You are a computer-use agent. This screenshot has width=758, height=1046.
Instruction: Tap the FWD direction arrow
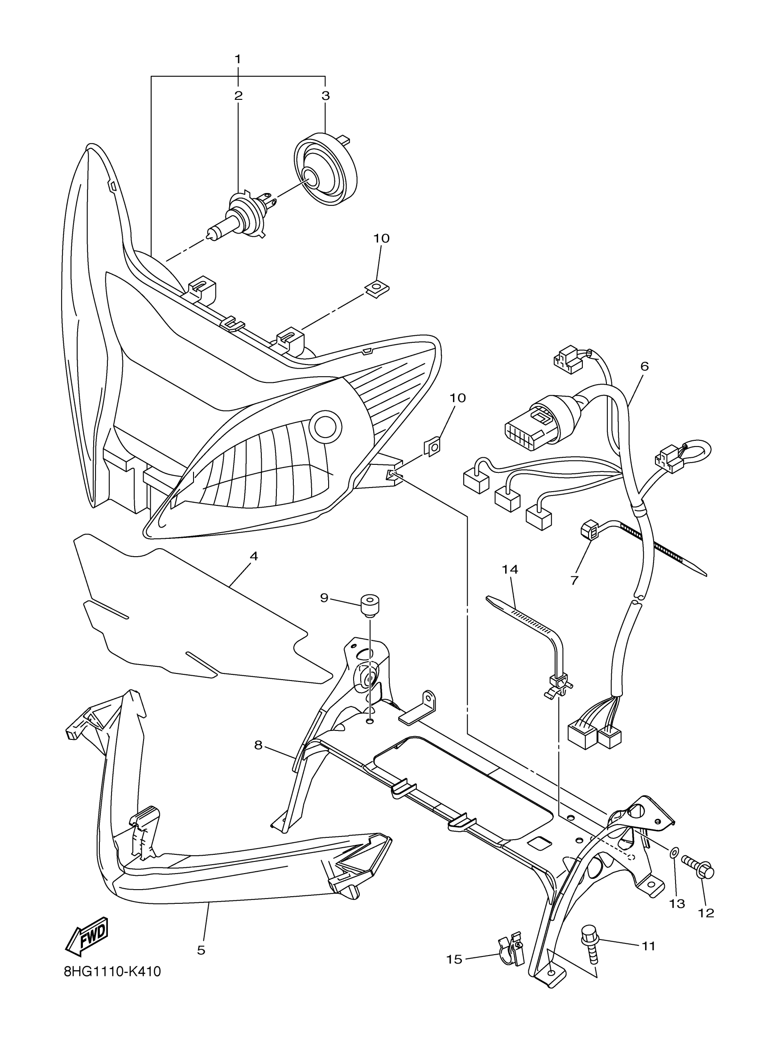click(x=87, y=936)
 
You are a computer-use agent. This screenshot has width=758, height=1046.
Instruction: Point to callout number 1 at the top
click(x=238, y=59)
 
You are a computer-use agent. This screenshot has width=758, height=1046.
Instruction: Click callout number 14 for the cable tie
click(x=510, y=570)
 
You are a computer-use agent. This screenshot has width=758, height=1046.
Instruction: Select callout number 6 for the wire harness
click(x=644, y=366)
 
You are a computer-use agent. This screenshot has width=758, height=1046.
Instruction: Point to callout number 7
click(x=574, y=580)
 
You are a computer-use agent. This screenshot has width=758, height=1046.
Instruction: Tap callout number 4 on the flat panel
click(x=253, y=556)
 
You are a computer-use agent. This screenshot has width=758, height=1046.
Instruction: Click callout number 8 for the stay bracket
click(x=258, y=745)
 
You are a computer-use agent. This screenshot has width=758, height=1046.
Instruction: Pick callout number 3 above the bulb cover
click(x=325, y=96)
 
